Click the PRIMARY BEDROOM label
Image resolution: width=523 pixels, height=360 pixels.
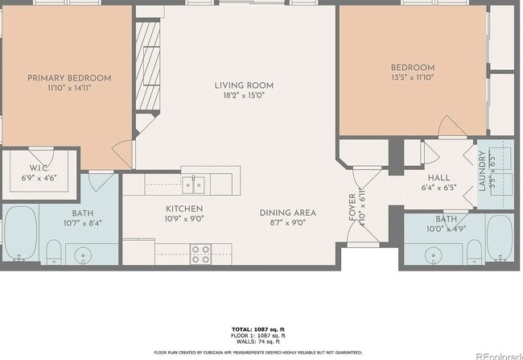click(x=69, y=78)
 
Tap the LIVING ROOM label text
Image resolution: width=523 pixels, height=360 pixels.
click(x=244, y=85)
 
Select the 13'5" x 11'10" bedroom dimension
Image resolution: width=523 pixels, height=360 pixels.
click(x=413, y=78)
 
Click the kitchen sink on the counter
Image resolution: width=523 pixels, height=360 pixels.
click(x=193, y=185)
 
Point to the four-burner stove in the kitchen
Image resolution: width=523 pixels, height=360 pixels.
click(x=200, y=254)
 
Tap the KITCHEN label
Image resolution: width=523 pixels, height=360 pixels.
click(x=184, y=207)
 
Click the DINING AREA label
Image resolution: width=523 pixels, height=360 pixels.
click(x=287, y=213)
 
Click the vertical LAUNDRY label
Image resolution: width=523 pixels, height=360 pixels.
click(x=483, y=170)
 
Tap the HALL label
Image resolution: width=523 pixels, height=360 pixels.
click(x=439, y=177)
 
